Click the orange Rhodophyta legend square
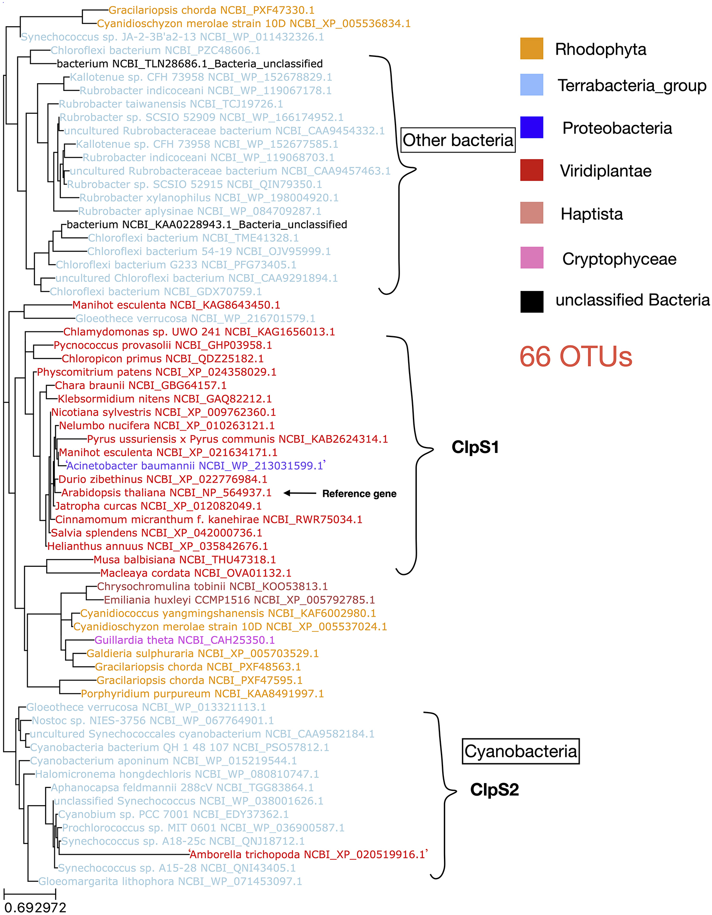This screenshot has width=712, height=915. click(531, 48)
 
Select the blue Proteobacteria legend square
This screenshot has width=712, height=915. click(531, 127)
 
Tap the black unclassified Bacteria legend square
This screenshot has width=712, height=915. click(531, 301)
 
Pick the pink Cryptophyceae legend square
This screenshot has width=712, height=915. click(531, 258)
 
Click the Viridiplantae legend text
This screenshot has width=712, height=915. click(606, 171)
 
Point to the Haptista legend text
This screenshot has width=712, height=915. click(591, 214)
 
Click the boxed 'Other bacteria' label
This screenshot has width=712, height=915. click(458, 140)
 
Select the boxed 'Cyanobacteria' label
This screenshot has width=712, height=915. click(520, 751)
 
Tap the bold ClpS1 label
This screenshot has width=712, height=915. click(475, 447)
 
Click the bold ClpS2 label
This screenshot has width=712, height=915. click(494, 790)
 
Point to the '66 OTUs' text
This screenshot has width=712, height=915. click(575, 356)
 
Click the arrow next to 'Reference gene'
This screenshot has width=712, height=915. click(300, 493)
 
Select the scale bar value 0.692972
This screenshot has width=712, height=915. click(35, 907)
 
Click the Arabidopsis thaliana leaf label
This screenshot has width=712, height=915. click(166, 493)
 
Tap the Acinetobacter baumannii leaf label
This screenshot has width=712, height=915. click(195, 466)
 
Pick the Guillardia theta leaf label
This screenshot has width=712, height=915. click(184, 640)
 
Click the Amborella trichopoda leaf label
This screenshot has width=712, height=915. click(308, 854)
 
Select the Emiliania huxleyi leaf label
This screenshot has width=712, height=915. click(239, 600)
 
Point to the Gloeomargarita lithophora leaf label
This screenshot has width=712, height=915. click(170, 881)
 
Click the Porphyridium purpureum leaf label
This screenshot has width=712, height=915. click(202, 693)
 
